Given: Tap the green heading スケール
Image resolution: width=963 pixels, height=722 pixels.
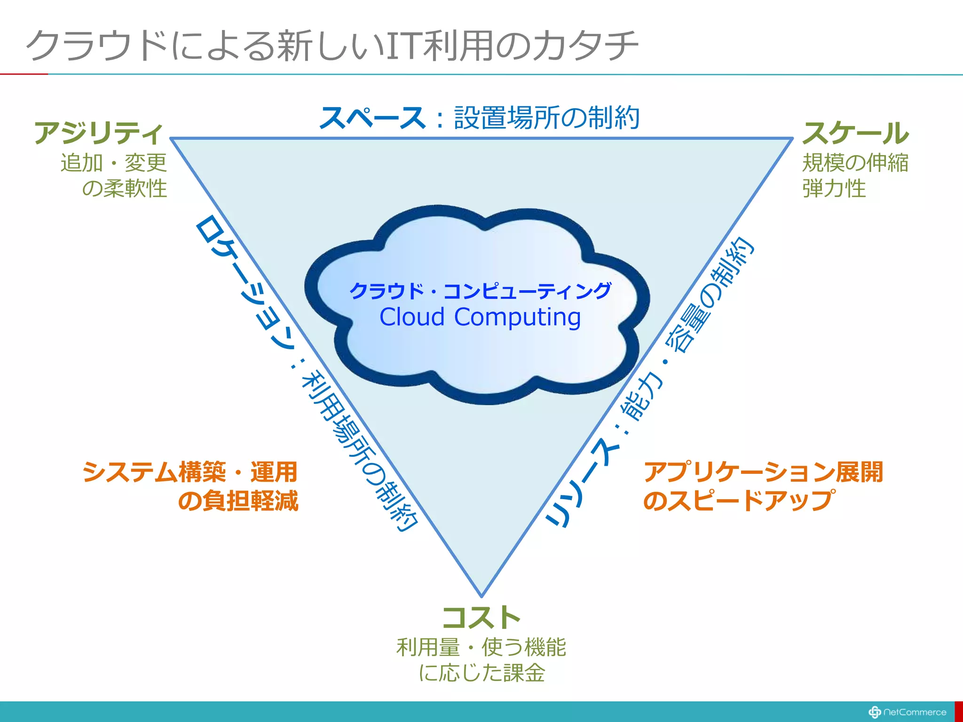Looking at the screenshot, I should click(855, 133).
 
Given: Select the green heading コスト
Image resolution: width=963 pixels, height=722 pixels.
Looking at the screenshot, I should click(481, 618).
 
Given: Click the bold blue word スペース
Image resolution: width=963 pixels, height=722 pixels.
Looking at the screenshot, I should click(372, 118).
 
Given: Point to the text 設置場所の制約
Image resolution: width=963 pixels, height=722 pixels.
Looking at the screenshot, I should click(546, 118).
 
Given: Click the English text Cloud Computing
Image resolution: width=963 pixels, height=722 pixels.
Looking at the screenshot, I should click(480, 317).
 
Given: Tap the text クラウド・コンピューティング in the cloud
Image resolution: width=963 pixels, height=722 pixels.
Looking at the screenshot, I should click(480, 290).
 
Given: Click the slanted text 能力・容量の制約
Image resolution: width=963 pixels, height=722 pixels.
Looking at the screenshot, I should click(687, 329).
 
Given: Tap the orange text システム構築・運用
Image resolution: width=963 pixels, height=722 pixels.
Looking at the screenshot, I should click(190, 472).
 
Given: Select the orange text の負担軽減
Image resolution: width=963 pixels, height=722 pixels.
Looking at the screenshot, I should click(238, 501).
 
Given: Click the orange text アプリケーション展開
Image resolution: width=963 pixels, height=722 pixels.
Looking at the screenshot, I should click(763, 472).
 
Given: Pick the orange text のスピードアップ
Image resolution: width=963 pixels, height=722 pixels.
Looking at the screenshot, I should click(739, 501).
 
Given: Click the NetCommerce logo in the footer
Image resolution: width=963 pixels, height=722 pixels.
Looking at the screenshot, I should click(908, 712).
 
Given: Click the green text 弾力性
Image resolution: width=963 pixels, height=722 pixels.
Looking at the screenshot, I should click(834, 188).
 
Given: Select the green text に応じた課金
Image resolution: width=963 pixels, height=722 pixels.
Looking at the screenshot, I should click(481, 673).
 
